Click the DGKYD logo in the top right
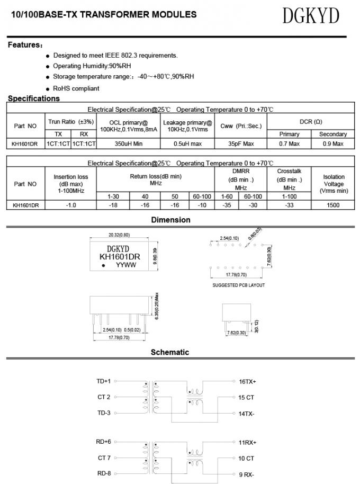(x=310, y=16)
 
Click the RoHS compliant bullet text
(x=76, y=88)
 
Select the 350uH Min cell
(x=129, y=144)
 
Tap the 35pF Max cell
(x=241, y=144)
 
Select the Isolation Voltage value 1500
(x=334, y=204)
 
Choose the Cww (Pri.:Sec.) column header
(x=241, y=126)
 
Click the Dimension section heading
(x=170, y=220)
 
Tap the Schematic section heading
(x=169, y=352)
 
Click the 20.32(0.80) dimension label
(x=119, y=235)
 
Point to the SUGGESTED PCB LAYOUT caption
(x=238, y=285)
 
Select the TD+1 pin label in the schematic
(x=103, y=381)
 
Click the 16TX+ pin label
(x=247, y=381)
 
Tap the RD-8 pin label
(x=104, y=473)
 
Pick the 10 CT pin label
(x=246, y=458)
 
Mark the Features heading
(x=24, y=45)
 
